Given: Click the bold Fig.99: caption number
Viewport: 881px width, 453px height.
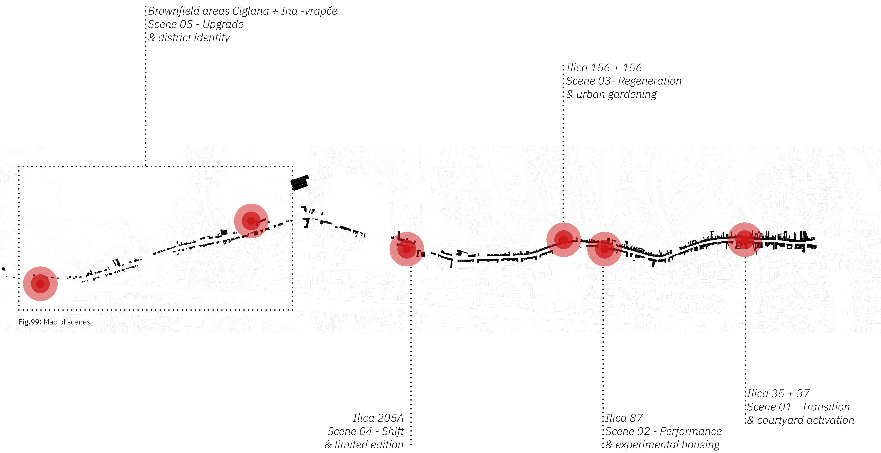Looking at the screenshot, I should [x=30, y=322].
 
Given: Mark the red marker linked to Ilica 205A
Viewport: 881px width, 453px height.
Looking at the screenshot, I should [x=407, y=249].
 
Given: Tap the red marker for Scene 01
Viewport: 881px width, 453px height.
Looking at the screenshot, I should [x=745, y=240].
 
